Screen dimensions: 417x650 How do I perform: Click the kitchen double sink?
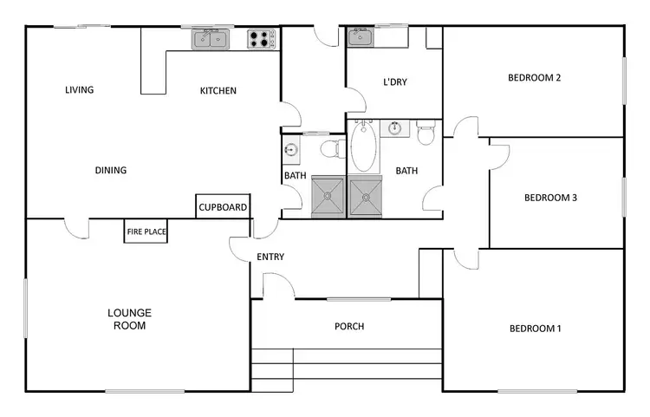pyautogui.click(x=211, y=38)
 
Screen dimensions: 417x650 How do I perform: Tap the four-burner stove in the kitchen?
pyautogui.click(x=261, y=38)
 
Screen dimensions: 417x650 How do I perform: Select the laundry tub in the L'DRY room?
pyautogui.click(x=360, y=37)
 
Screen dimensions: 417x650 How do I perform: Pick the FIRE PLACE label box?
pyautogui.click(x=146, y=231)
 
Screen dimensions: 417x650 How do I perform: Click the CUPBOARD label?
pyautogui.click(x=224, y=208)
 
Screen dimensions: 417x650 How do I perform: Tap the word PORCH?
pyautogui.click(x=349, y=327)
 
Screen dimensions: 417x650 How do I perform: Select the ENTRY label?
pyautogui.click(x=270, y=257)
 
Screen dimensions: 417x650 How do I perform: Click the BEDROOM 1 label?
pyautogui.click(x=535, y=329)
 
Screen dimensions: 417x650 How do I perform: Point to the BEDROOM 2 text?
pyautogui.click(x=534, y=78)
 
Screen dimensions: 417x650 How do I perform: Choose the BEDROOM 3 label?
pyautogui.click(x=550, y=198)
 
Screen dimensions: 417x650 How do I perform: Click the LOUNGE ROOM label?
pyautogui.click(x=129, y=319)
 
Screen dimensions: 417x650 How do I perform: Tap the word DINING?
pyautogui.click(x=111, y=171)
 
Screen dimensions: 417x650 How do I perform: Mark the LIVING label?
pyautogui.click(x=80, y=90)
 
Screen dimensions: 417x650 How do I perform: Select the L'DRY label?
pyautogui.click(x=394, y=83)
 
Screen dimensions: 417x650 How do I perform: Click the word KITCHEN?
pyautogui.click(x=218, y=91)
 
